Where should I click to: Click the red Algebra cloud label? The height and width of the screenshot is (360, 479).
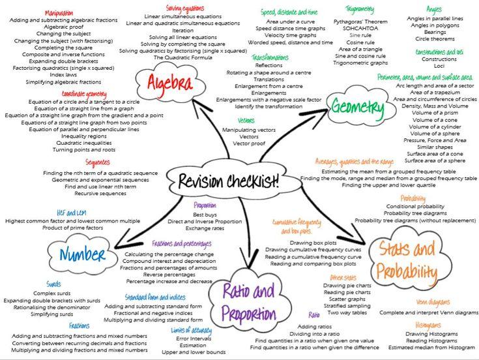pyautogui.click(x=170, y=83)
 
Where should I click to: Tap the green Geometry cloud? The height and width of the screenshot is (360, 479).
pyautogui.click(x=358, y=108)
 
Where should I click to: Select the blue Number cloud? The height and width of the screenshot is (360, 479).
pyautogui.click(x=83, y=254)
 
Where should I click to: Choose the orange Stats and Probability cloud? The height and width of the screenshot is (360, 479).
pyautogui.click(x=407, y=260)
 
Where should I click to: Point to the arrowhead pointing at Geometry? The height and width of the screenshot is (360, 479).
pyautogui.click(x=326, y=113)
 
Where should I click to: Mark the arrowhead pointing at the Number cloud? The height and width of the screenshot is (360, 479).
pyautogui.click(x=117, y=247)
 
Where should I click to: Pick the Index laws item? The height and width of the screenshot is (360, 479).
pyautogui.click(x=63, y=74)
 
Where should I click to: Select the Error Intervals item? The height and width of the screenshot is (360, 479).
pyautogui.click(x=194, y=338)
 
